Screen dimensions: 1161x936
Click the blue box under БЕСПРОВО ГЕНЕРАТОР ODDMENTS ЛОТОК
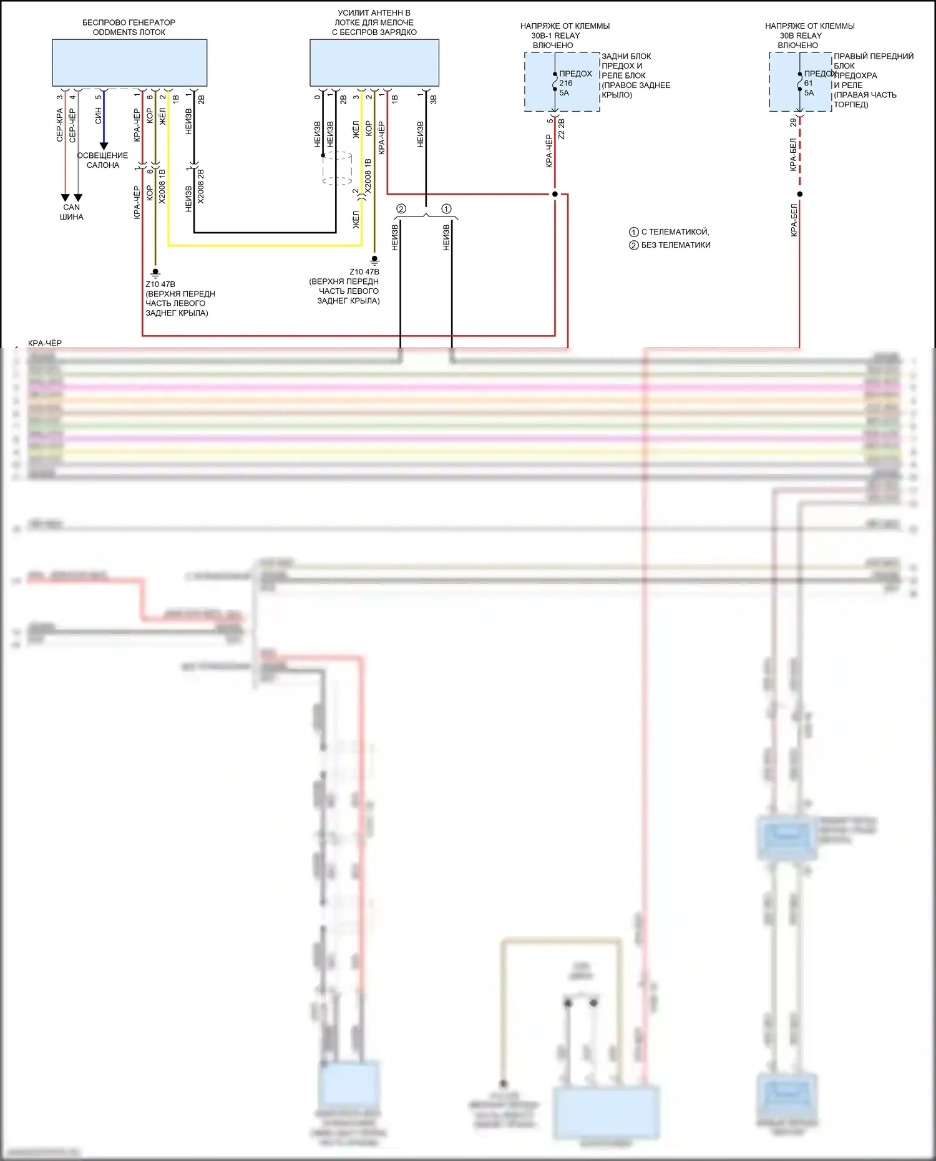[129, 62]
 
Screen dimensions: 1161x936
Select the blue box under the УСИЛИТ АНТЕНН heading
[374, 62]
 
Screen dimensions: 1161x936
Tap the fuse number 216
[566, 83]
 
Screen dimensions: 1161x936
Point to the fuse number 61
[809, 83]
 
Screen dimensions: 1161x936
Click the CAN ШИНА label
[72, 212]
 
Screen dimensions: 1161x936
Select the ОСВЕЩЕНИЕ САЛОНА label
[103, 160]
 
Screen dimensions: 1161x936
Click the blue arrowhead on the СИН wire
[104, 146]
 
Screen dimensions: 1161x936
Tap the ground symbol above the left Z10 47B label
[155, 273]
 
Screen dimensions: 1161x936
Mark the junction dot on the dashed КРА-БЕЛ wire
[800, 194]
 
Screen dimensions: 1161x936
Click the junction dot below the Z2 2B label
[555, 194]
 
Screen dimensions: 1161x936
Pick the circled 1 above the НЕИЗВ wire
[446, 209]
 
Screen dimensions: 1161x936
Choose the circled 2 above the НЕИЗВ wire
[401, 209]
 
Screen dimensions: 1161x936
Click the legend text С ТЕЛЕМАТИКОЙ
[675, 232]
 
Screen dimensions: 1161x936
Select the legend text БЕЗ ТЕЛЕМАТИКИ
[676, 245]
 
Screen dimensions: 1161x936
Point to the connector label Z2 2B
[562, 129]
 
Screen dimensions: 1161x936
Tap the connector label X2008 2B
[201, 186]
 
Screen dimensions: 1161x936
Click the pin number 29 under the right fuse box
[793, 123]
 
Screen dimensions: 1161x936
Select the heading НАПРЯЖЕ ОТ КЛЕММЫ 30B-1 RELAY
[565, 36]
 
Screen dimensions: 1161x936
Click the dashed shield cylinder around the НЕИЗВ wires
[337, 168]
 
